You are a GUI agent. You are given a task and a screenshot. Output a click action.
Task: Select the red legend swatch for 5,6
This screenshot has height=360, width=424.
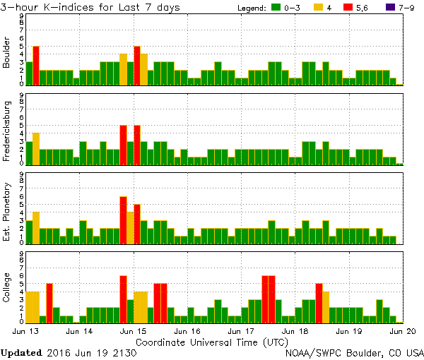[351, 8]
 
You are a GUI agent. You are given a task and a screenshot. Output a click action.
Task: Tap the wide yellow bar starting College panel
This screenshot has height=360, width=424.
[33, 307]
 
